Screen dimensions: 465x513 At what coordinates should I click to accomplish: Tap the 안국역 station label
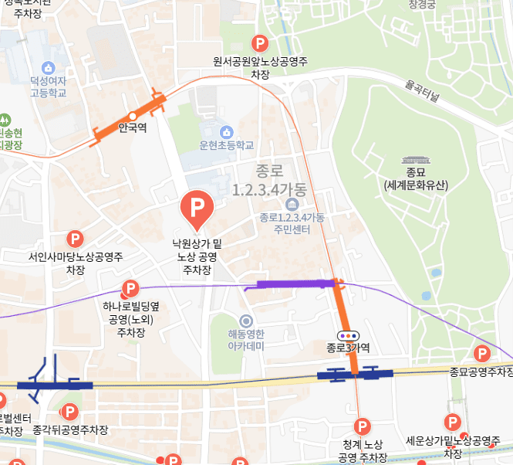point(133,128)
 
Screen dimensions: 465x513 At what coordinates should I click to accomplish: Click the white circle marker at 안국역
point(133,116)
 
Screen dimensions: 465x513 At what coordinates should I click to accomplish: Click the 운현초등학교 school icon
point(226,132)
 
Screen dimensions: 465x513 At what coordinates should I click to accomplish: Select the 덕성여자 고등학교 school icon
point(49,67)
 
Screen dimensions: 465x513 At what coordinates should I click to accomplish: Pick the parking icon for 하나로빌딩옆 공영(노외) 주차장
point(130,290)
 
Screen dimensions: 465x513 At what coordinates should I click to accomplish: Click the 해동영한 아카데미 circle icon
point(246,321)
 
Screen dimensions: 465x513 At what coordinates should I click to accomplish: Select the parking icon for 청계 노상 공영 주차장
point(362,426)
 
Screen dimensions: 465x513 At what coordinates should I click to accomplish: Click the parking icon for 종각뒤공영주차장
point(69,412)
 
